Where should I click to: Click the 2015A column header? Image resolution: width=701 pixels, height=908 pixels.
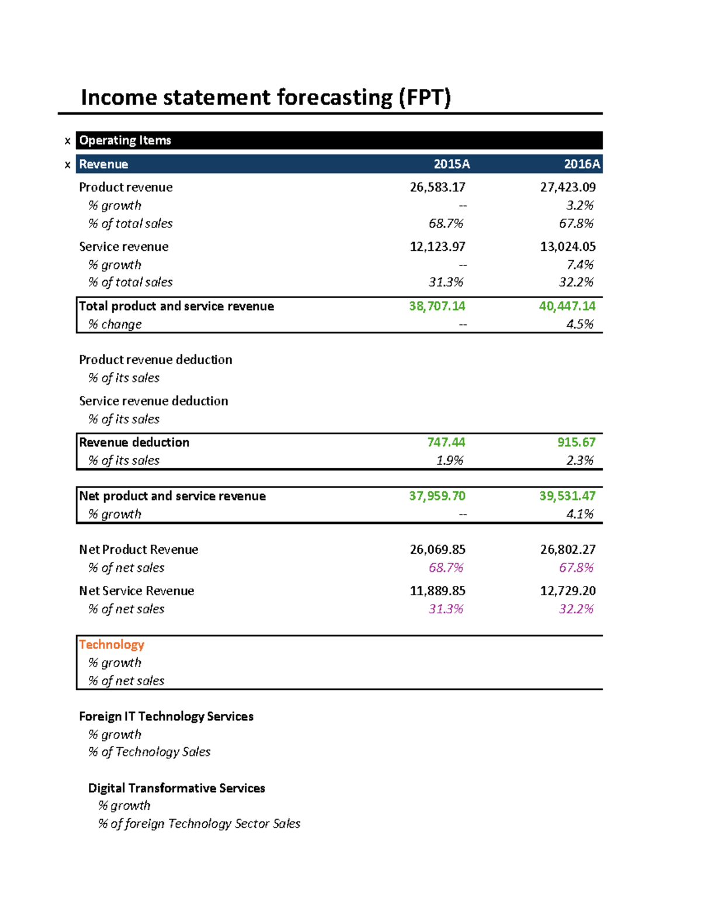coord(451,164)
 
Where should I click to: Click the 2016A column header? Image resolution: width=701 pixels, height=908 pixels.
coord(581,164)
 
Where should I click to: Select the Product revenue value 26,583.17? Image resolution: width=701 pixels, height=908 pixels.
coord(437,187)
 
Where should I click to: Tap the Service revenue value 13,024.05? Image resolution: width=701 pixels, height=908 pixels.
coord(567,247)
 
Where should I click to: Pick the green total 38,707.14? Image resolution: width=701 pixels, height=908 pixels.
coord(437,306)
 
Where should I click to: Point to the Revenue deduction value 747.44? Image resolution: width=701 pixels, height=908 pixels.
coord(446,443)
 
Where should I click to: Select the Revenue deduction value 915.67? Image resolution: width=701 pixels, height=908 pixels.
coord(576,443)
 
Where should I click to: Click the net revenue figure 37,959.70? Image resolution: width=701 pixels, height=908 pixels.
coord(437,496)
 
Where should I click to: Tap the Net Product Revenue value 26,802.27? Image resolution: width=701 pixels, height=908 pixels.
coord(567,550)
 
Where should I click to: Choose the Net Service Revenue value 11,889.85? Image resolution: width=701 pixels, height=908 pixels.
coord(437,591)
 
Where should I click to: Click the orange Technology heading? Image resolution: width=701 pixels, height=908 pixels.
coord(112,645)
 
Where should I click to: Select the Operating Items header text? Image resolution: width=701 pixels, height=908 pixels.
coord(125,140)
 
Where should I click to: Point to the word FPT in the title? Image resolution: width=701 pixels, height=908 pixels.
coord(425,98)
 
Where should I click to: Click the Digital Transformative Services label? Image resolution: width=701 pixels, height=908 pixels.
coord(176,788)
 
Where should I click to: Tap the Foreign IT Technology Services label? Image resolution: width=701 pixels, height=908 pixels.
coord(166,717)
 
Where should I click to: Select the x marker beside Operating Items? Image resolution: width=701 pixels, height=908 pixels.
coord(68,141)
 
